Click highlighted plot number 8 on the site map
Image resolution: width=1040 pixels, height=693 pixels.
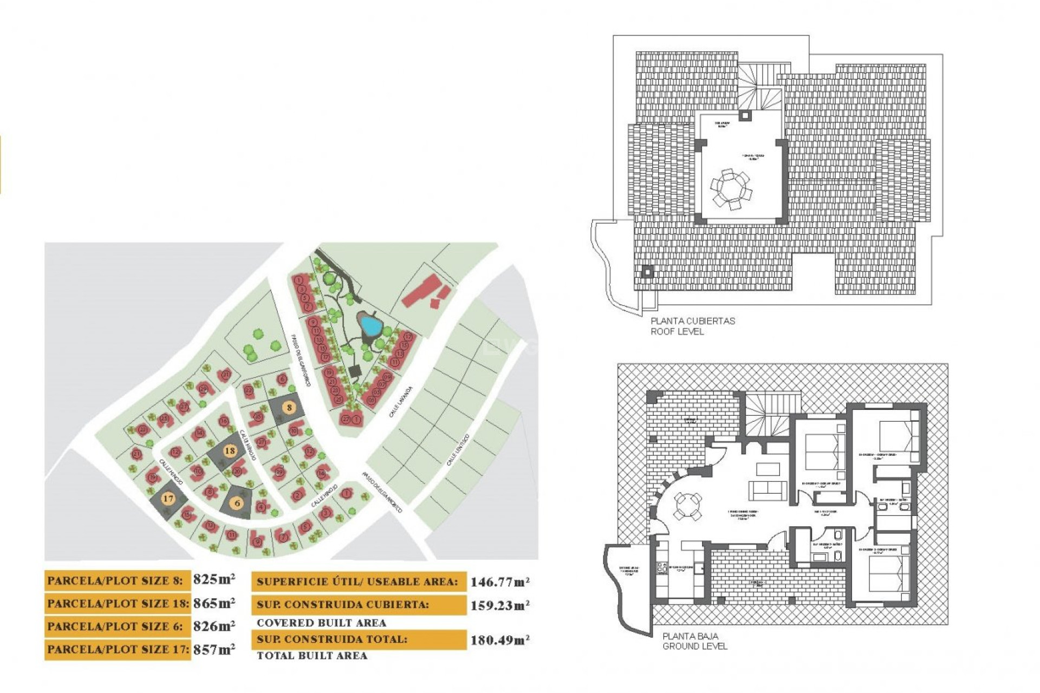290,408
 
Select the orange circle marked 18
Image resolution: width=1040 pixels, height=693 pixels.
230,450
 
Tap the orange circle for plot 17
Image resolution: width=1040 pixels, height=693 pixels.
168,499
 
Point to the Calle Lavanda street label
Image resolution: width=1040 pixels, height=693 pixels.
401,402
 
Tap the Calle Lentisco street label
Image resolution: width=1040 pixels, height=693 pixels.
458,450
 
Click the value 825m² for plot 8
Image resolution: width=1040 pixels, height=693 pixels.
214,579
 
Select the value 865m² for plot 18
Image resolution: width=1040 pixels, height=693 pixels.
214,603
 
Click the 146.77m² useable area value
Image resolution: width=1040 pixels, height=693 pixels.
499,582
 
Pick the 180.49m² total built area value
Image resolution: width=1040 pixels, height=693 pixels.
499,640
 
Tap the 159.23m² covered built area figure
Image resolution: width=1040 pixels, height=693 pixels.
499,605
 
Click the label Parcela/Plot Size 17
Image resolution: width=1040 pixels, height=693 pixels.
118,649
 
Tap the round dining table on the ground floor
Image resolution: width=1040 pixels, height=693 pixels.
687,507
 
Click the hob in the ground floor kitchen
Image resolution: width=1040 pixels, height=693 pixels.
661,568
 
